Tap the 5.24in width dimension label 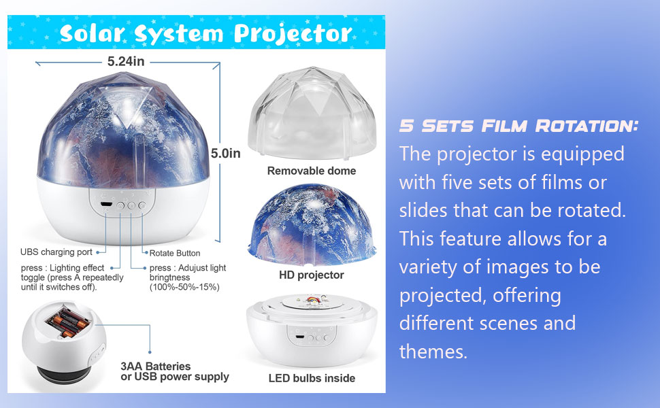[x=126, y=61]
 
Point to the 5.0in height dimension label [x=225, y=154]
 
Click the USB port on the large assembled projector [x=105, y=204]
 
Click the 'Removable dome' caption [x=311, y=171]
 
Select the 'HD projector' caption [x=311, y=275]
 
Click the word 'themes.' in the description [x=433, y=351]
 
